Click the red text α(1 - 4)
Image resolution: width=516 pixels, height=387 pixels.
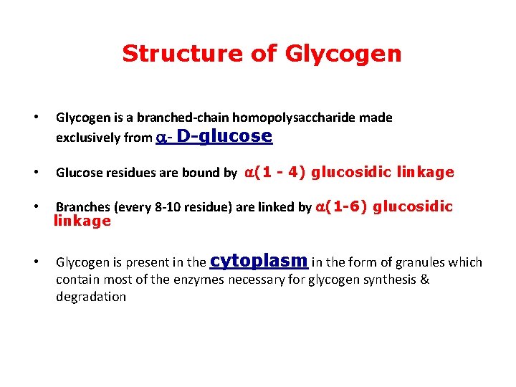point(276,172)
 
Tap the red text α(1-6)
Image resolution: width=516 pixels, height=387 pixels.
point(341,207)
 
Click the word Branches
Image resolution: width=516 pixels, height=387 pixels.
point(80,208)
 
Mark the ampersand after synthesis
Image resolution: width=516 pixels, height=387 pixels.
point(424,279)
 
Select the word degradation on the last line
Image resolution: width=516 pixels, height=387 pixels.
point(90,297)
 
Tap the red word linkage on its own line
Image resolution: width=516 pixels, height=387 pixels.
point(82,221)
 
